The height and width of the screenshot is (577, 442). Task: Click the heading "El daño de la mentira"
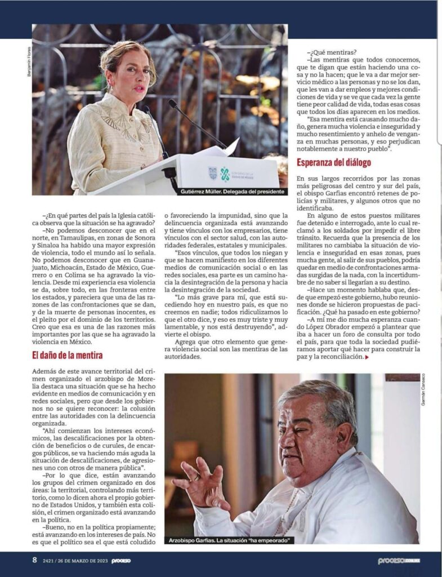pyautogui.click(x=67, y=355)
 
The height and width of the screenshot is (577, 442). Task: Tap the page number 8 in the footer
pyautogui.click(x=34, y=561)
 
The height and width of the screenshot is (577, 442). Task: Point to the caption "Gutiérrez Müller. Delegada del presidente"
pyautogui.click(x=233, y=192)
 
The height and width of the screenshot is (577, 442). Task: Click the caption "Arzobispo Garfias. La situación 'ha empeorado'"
pyautogui.click(x=229, y=540)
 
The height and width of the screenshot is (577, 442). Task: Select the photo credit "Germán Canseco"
pyautogui.click(x=423, y=389)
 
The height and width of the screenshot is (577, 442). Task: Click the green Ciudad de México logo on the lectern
pyautogui.click(x=225, y=174)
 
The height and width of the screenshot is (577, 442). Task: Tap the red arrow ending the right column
pyautogui.click(x=368, y=357)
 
